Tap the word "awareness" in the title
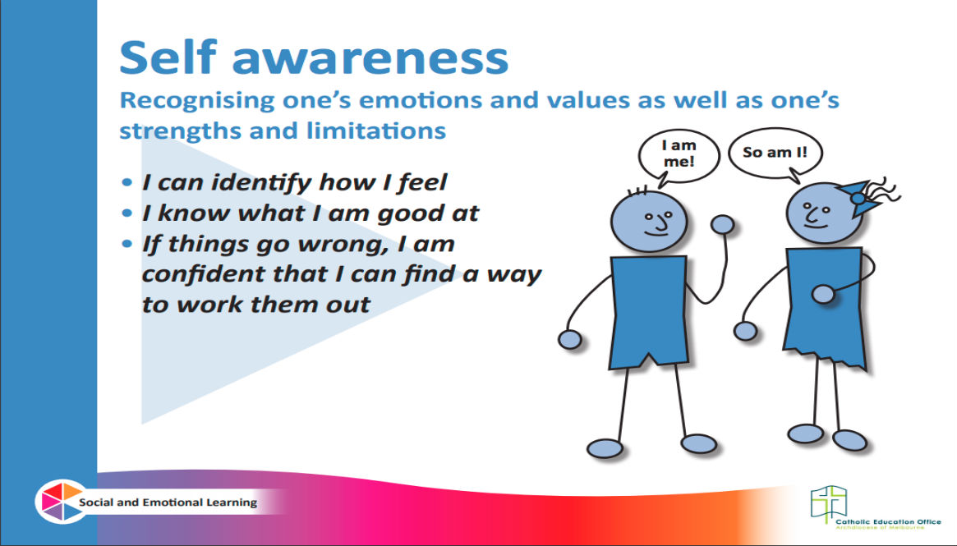click(x=370, y=60)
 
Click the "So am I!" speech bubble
click(x=775, y=154)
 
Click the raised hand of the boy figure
click(x=723, y=225)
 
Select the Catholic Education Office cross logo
click(x=829, y=503)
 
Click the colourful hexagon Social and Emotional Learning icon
click(x=61, y=502)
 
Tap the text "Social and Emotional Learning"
click(x=168, y=502)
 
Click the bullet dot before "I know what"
click(x=127, y=213)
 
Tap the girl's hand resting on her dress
click(x=823, y=294)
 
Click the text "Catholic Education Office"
click(x=888, y=521)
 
